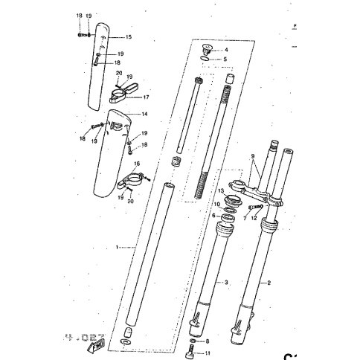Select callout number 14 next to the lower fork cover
(146, 114)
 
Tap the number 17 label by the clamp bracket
(147, 97)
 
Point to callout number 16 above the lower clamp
(136, 163)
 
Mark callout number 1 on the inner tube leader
(117, 246)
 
